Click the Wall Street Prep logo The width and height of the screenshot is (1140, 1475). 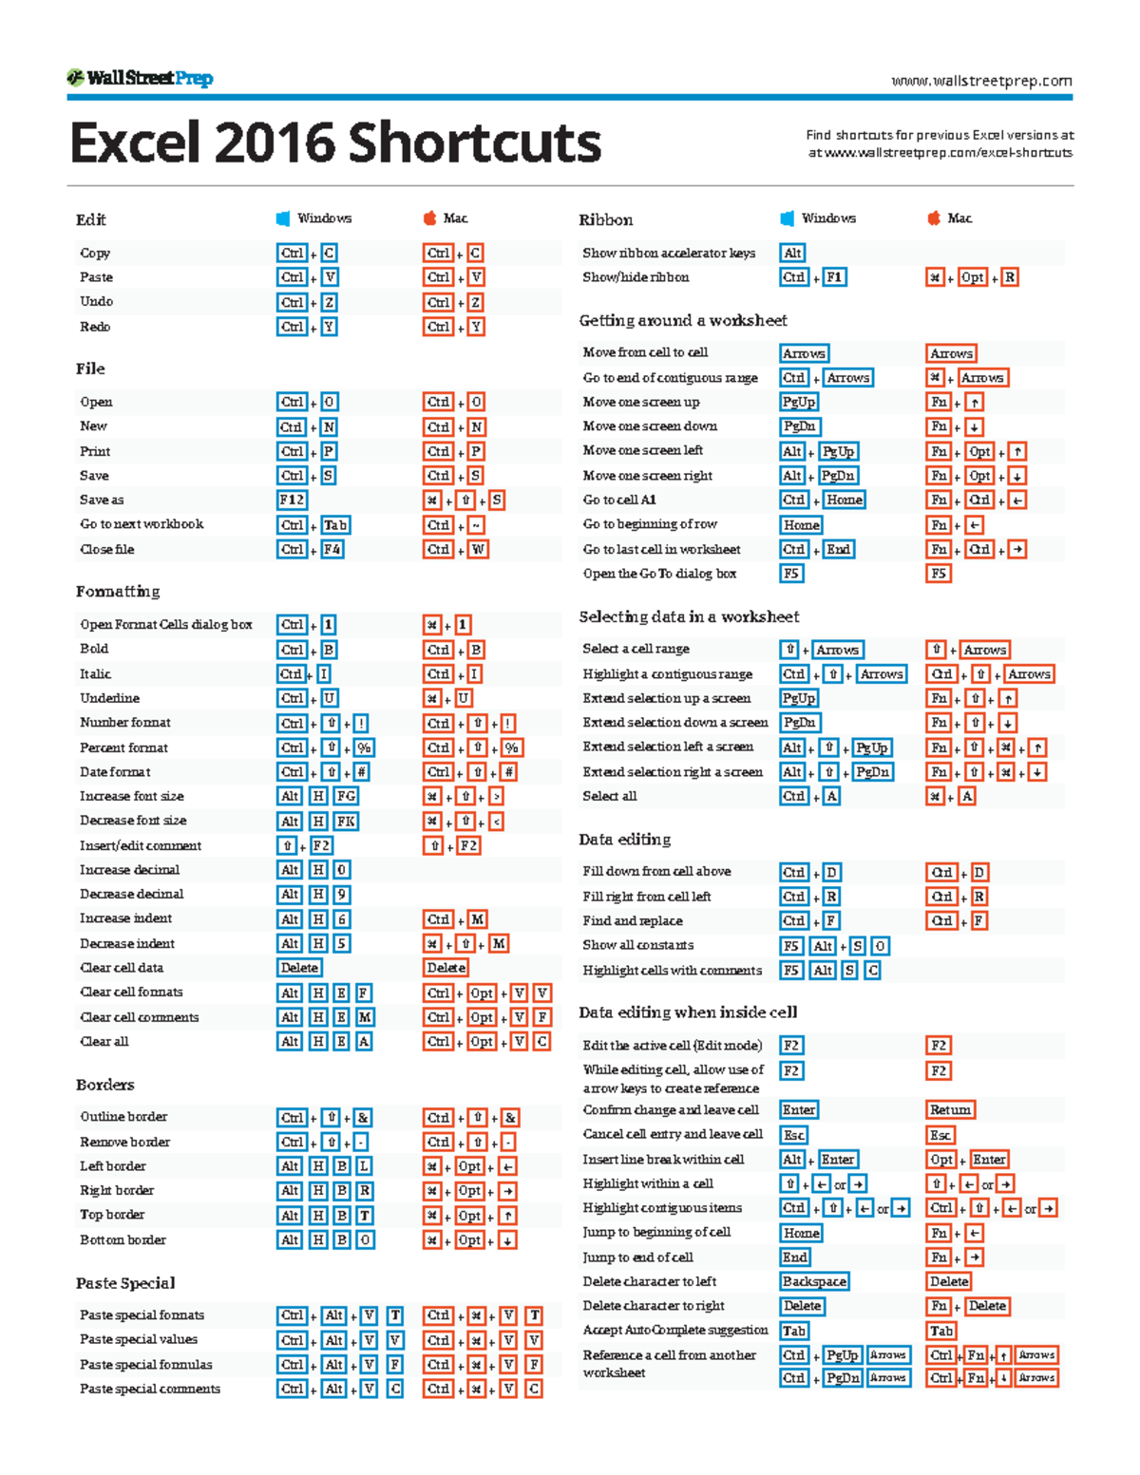(140, 78)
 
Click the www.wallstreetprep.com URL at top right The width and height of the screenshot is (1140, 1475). (981, 81)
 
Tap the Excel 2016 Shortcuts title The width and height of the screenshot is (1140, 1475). (335, 143)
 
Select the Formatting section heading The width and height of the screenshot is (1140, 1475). (118, 591)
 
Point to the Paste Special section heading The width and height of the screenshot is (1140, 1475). (125, 1283)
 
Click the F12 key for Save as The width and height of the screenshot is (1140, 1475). (292, 500)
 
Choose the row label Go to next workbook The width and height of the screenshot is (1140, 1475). (142, 524)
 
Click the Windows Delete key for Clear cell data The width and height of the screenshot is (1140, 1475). (299, 968)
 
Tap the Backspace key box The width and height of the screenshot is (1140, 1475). (814, 1281)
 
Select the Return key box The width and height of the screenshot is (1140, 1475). (950, 1109)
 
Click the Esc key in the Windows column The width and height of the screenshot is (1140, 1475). (794, 1135)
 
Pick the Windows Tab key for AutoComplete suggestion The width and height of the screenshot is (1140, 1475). (794, 1331)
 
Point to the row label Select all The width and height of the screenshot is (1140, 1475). (610, 796)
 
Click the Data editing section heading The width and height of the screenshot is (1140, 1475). (625, 840)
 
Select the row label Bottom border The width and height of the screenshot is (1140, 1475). (123, 1239)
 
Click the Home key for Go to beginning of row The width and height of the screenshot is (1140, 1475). (801, 524)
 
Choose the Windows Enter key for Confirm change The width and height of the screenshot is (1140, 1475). (798, 1109)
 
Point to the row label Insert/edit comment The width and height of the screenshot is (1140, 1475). (141, 845)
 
